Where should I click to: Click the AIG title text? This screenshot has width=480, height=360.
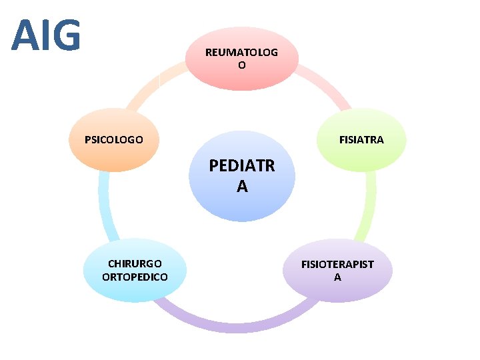(x=46, y=36)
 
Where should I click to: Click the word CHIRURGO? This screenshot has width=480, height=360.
(x=135, y=263)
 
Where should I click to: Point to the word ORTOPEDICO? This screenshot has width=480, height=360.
(x=135, y=277)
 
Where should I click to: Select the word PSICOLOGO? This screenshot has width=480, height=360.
(x=114, y=140)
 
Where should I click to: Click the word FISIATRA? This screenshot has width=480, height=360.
(x=361, y=140)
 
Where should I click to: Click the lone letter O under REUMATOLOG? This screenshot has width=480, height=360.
(x=241, y=65)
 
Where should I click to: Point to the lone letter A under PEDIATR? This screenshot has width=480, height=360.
(x=241, y=187)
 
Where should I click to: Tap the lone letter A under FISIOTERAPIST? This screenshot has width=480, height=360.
(x=337, y=277)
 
